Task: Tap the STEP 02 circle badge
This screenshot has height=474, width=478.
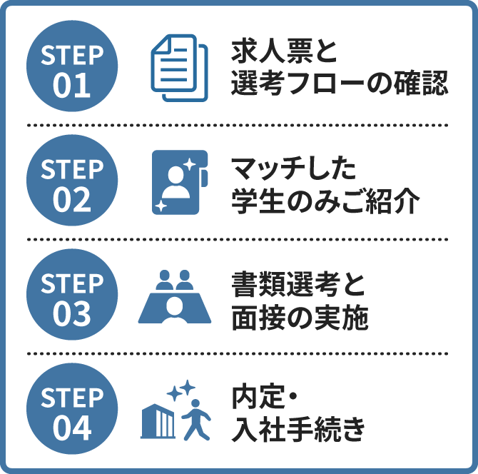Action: click(71, 181)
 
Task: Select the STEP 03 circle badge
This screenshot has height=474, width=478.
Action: click(71, 296)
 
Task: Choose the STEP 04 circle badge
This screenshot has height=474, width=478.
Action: click(71, 410)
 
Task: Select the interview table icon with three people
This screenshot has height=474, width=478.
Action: click(175, 296)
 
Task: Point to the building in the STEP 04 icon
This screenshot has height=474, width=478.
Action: click(159, 421)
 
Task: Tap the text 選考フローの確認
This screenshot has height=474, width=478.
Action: click(339, 85)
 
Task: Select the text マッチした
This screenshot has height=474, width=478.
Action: click(293, 168)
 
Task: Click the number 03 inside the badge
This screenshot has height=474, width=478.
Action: click(71, 312)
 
